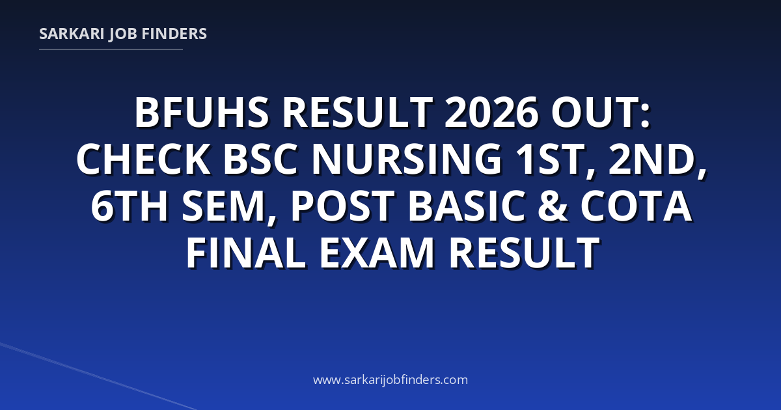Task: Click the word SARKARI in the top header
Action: point(72,34)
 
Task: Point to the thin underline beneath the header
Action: point(111,49)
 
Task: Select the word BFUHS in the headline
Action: point(202,113)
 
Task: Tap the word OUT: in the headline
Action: point(600,113)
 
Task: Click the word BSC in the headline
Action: point(260,159)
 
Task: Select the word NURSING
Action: point(407,159)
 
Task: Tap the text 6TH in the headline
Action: point(130,206)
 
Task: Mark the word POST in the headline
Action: point(343,206)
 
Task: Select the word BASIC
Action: point(467,206)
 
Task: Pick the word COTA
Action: point(636,206)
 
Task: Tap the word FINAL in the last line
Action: point(246,253)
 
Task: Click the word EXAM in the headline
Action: point(377,253)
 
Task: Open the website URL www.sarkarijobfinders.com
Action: point(390,379)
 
